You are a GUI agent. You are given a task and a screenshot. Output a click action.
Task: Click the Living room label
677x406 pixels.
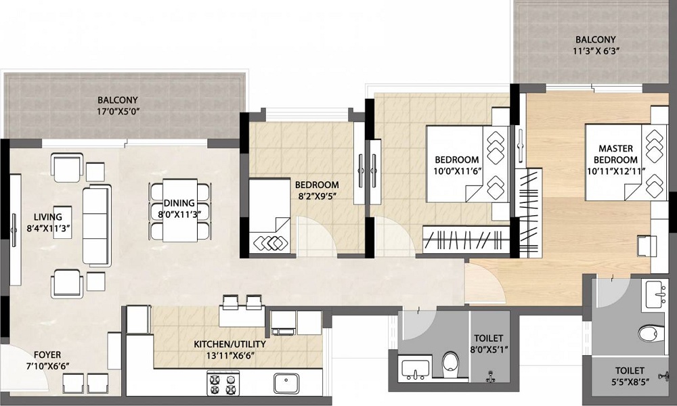[x=45, y=217]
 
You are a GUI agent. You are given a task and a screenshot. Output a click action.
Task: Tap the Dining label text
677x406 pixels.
[x=179, y=203]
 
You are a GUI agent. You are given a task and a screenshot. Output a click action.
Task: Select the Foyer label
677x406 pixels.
[x=47, y=355]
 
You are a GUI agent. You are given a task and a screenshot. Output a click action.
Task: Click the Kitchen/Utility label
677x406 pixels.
[x=230, y=344]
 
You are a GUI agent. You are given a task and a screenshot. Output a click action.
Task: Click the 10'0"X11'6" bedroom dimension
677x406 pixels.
[x=456, y=172]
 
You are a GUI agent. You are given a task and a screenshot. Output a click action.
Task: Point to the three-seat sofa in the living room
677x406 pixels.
[x=95, y=225]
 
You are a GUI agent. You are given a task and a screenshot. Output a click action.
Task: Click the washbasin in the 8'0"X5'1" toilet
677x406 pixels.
[x=414, y=369]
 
